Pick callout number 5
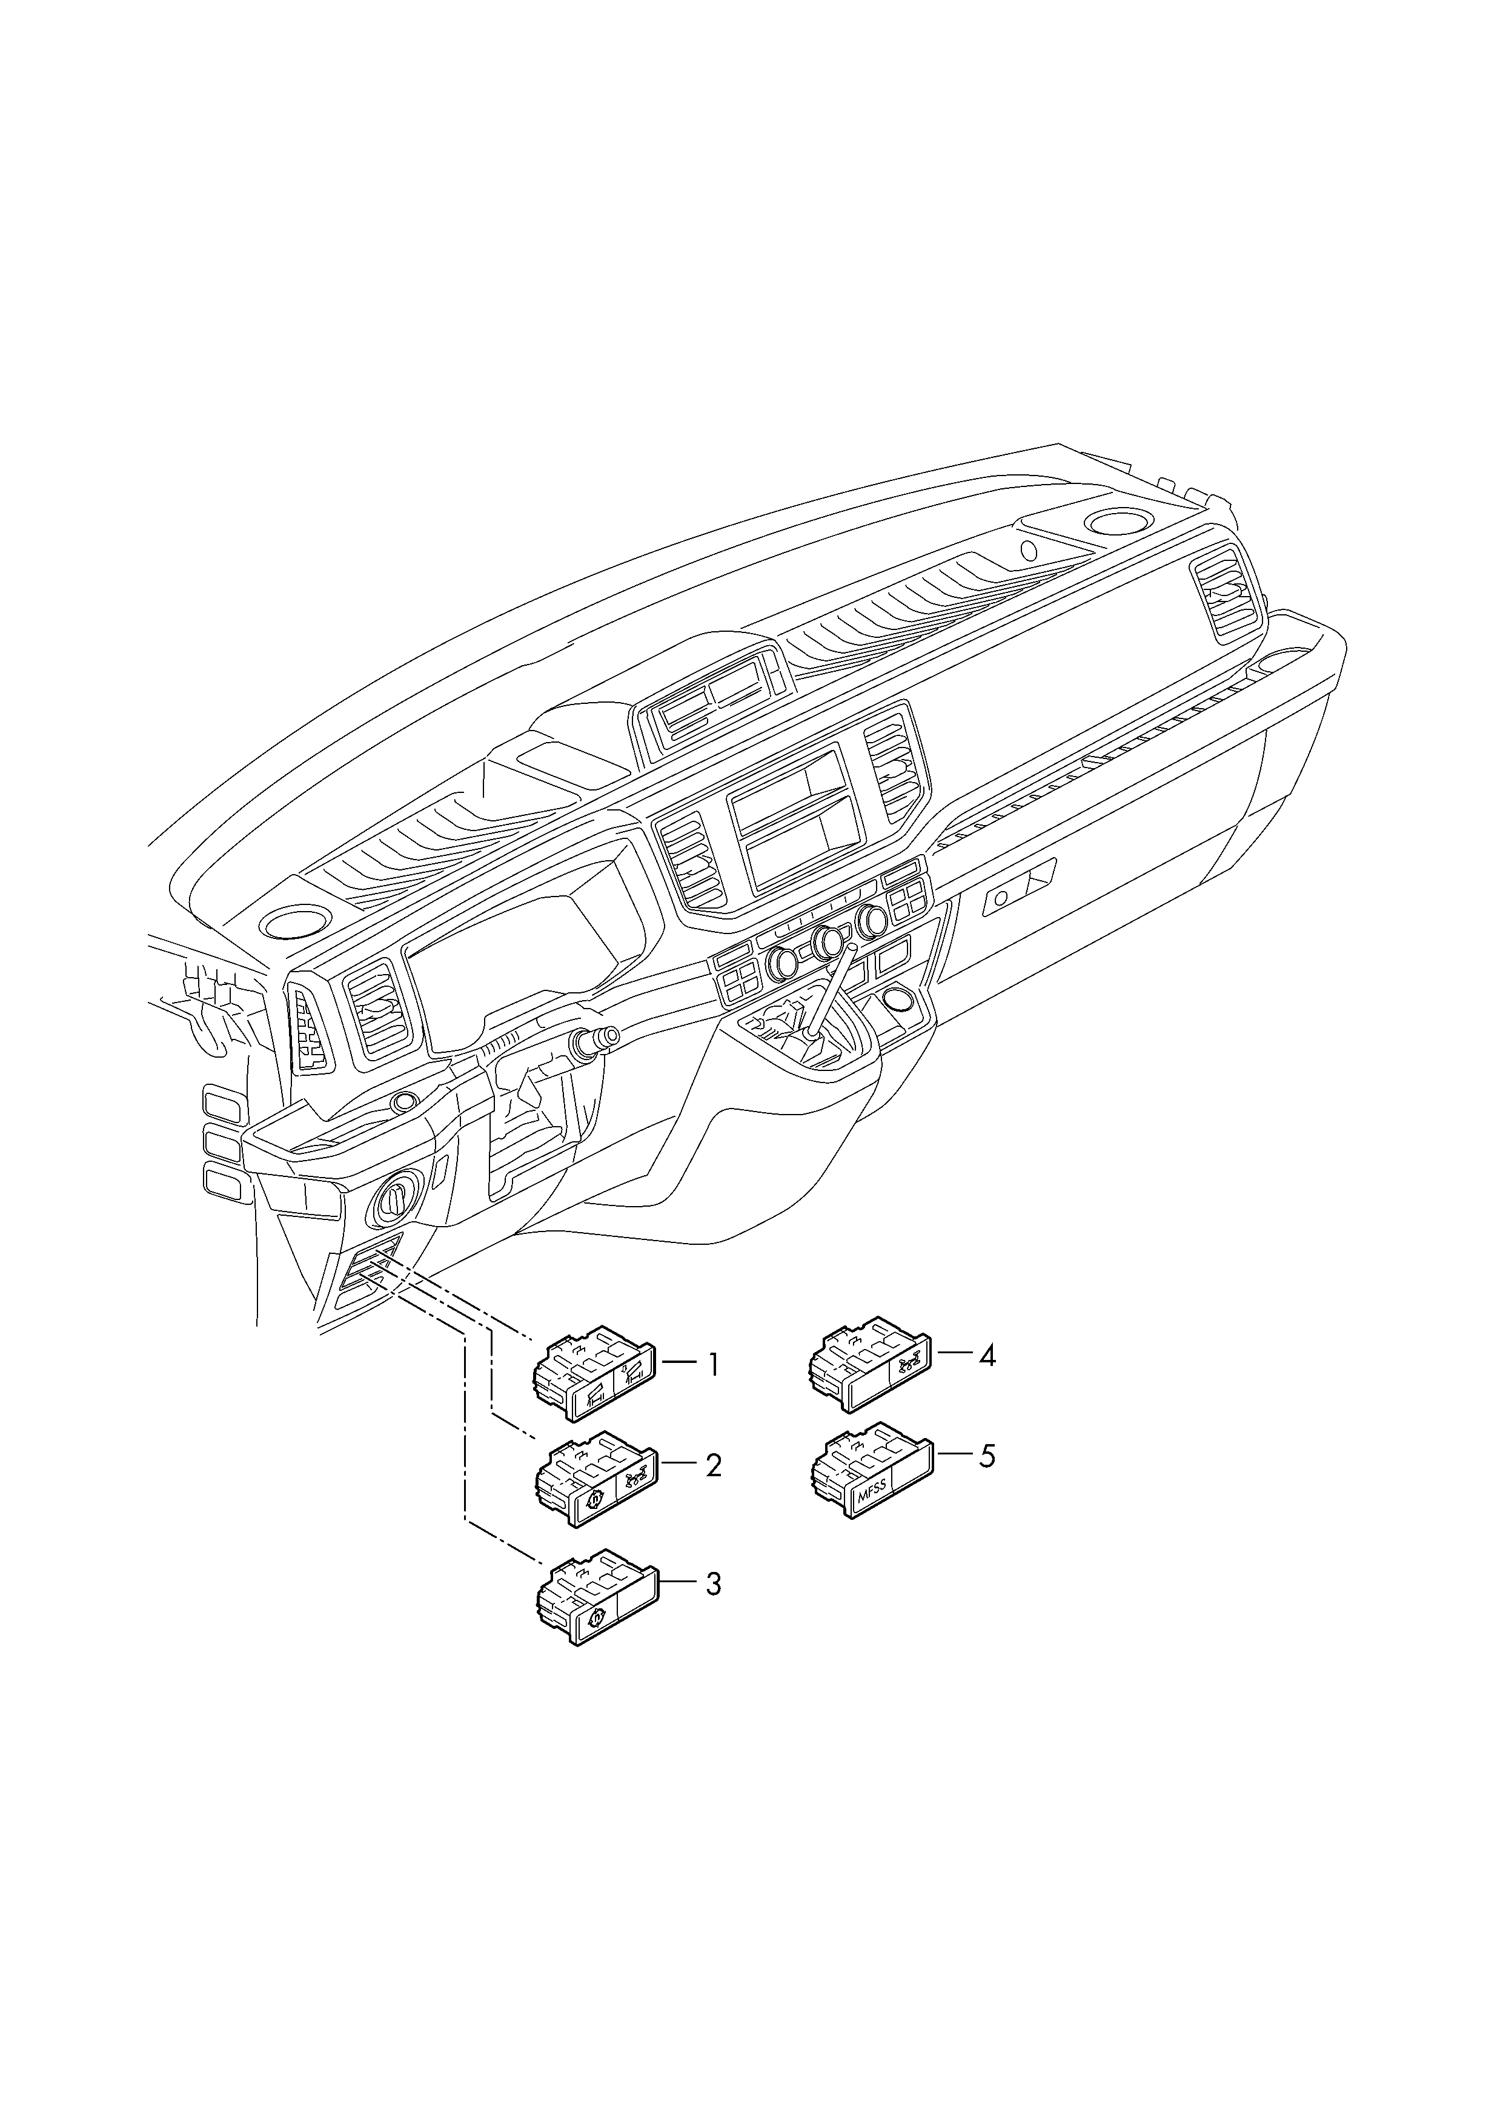click(987, 1456)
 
